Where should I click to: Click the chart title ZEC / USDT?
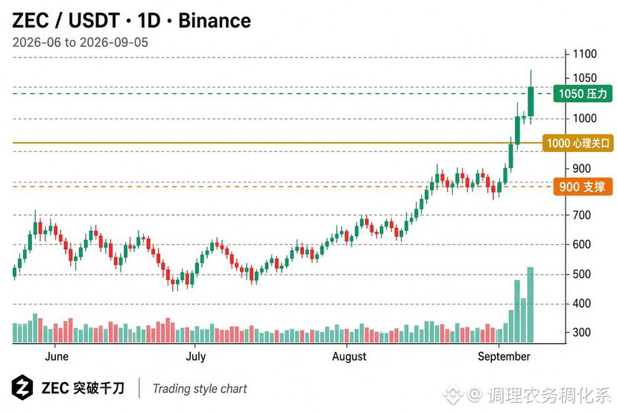click(66, 21)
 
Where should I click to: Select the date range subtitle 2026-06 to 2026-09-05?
click(80, 42)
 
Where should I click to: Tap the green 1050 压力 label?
click(583, 94)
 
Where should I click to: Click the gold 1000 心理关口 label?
click(578, 143)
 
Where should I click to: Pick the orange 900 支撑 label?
click(583, 187)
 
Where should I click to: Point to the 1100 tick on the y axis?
click(584, 54)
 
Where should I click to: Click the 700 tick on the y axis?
click(581, 215)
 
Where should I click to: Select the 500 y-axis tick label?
click(581, 274)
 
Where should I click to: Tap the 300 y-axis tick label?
click(581, 332)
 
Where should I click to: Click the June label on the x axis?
click(57, 357)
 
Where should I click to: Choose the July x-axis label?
click(195, 357)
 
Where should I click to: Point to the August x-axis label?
click(349, 357)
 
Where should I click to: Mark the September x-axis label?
click(504, 357)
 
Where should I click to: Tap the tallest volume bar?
click(531, 305)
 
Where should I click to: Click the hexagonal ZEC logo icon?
click(22, 388)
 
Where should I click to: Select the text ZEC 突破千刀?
click(83, 389)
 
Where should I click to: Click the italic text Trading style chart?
click(200, 389)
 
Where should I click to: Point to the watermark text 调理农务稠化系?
click(549, 395)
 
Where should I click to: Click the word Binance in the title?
click(215, 21)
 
